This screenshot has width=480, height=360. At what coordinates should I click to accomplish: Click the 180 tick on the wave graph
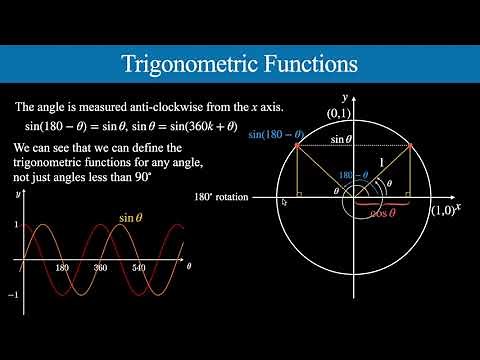point(61,269)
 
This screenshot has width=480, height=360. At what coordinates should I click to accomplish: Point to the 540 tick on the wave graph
point(138,269)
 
